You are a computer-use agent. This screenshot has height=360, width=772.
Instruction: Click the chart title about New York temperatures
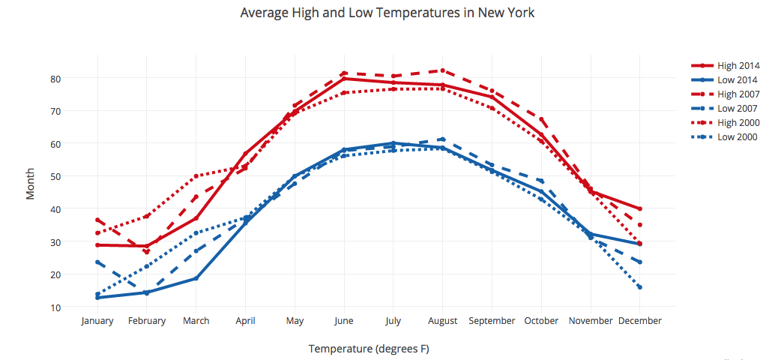point(387,13)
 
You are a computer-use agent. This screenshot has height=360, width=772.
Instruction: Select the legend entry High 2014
point(738,66)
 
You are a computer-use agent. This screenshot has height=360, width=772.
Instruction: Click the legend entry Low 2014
point(738,80)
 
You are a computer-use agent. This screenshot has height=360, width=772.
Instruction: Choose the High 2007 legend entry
point(738,94)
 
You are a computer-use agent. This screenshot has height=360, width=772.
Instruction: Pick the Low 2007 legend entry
point(738,109)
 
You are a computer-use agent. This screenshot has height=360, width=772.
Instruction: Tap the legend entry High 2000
point(738,123)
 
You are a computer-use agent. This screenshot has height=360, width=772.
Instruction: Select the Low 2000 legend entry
point(738,137)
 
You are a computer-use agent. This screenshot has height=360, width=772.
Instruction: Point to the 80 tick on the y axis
point(55,79)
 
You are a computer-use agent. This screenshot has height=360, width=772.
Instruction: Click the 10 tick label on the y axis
point(55,307)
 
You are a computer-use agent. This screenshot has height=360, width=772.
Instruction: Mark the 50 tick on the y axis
point(55,176)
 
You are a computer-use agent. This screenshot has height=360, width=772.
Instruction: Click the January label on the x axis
point(97,321)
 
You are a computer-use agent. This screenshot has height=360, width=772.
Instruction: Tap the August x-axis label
point(443,321)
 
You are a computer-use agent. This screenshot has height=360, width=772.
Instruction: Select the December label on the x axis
point(640,321)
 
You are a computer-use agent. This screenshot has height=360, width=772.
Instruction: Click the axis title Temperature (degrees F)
point(369,349)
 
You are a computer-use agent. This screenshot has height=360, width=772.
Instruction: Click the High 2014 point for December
point(640,208)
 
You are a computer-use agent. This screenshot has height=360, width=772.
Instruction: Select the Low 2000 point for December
point(640,287)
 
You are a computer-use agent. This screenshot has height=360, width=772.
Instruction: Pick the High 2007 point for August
point(443,70)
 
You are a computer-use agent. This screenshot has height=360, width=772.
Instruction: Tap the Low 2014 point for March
point(196,278)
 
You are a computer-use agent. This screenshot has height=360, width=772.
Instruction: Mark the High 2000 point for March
point(196,176)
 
